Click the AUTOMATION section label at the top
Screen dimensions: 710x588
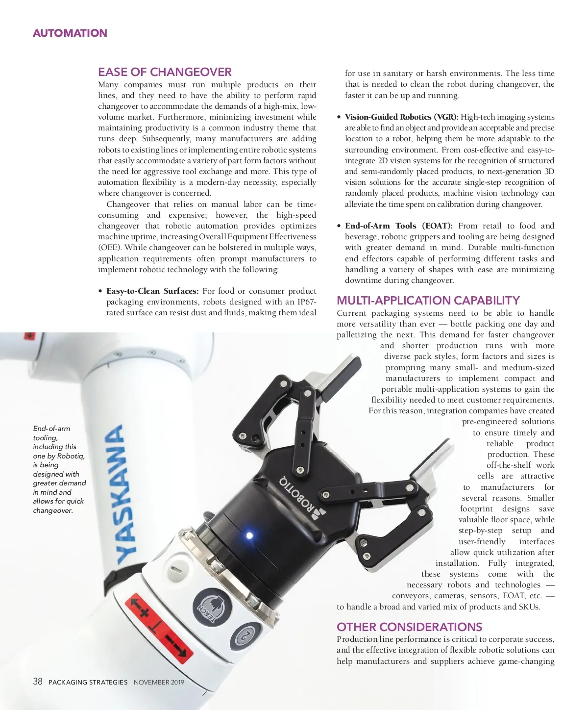(70, 33)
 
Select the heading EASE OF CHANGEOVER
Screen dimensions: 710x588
(165, 72)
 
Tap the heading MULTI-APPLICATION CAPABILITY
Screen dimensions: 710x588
(428, 301)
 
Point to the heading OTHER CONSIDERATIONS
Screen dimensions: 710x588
(409, 627)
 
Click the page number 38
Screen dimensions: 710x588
(38, 682)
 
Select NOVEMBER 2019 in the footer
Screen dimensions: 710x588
(159, 682)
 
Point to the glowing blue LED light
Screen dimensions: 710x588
(249, 535)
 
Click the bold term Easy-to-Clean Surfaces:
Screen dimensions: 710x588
(152, 291)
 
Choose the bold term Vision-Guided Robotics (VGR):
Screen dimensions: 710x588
(401, 117)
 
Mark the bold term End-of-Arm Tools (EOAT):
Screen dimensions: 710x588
(398, 226)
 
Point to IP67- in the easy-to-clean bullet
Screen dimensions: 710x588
(307, 302)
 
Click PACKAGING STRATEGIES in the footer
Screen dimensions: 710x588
(88, 682)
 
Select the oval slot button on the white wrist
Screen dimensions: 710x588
(177, 570)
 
